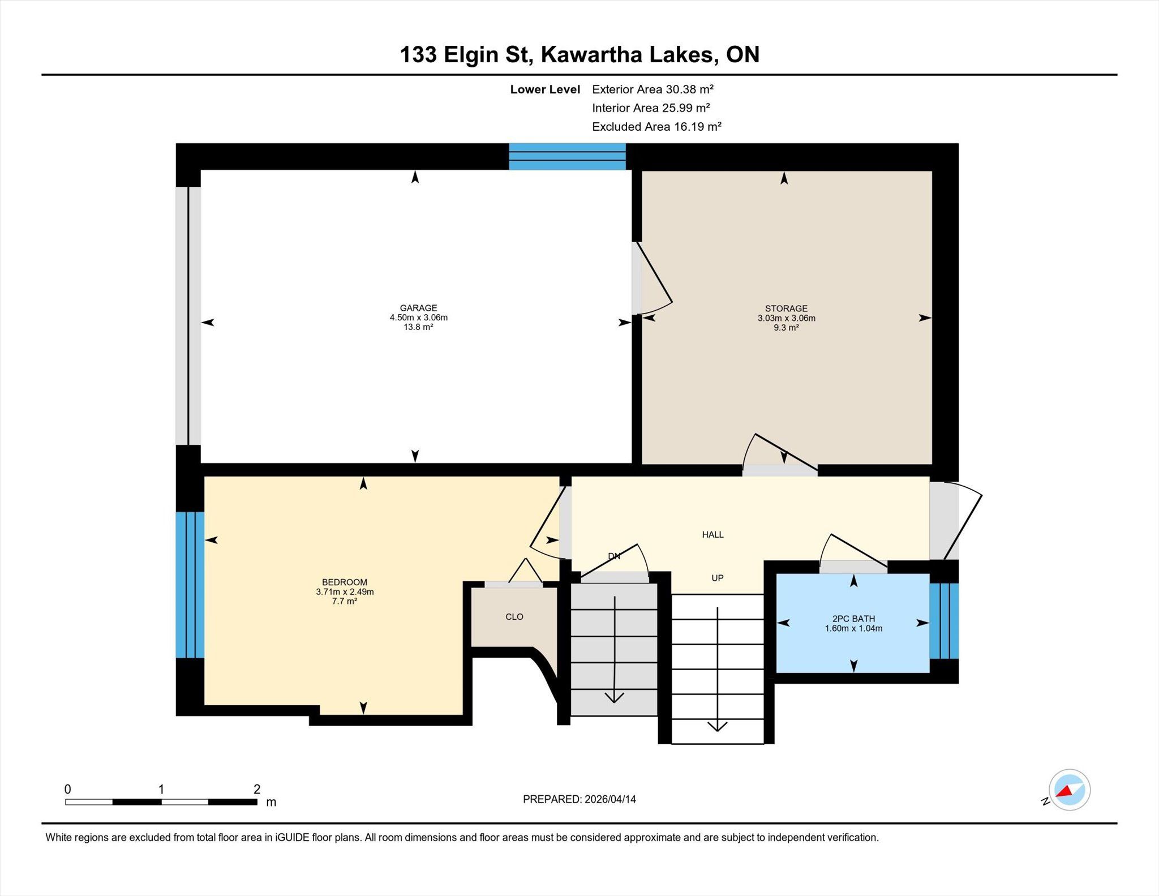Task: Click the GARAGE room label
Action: click(418, 308)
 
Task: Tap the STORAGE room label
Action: click(786, 308)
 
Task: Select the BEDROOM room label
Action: click(345, 582)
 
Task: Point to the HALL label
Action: click(712, 534)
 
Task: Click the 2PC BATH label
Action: click(853, 619)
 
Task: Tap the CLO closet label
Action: click(514, 616)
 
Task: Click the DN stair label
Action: click(615, 556)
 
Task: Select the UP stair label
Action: click(718, 578)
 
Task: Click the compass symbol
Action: click(1069, 790)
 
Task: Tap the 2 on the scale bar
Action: click(257, 789)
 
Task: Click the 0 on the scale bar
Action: click(68, 789)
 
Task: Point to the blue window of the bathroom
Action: click(943, 621)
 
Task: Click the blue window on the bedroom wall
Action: click(190, 585)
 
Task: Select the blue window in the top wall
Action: click(567, 157)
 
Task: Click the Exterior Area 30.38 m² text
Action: click(653, 89)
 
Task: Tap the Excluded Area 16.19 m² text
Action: click(656, 126)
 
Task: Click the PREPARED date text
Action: click(579, 799)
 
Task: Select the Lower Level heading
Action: click(545, 89)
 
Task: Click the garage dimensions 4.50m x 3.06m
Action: click(418, 318)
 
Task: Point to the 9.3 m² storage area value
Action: click(786, 328)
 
